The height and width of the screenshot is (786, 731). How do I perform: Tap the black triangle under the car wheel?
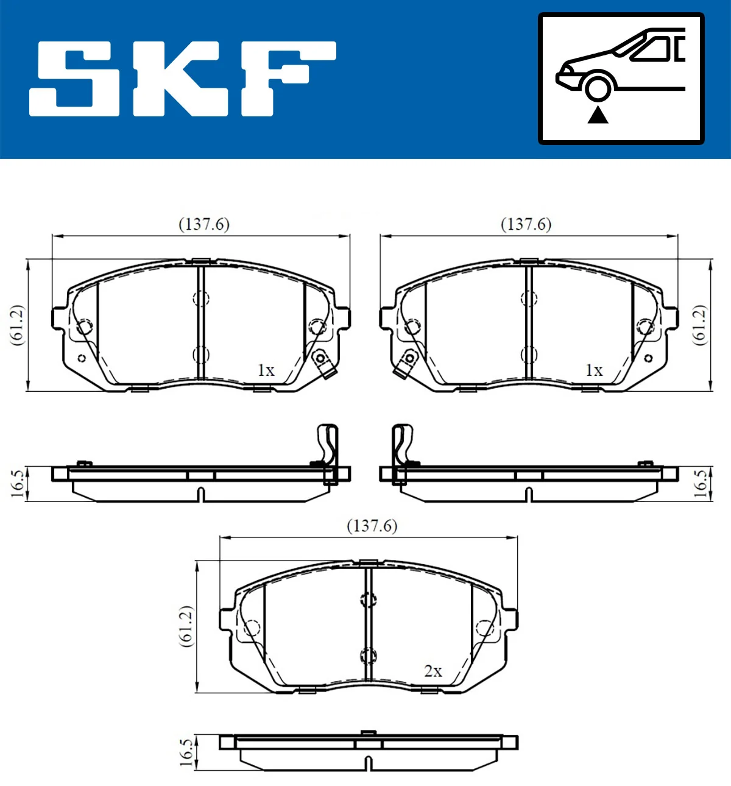598,115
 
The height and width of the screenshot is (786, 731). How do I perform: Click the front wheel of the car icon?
597,88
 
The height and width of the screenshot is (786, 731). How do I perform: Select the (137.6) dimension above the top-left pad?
203,224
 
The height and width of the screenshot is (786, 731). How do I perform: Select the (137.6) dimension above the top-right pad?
526,224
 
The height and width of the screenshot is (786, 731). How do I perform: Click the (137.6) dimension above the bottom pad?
372,525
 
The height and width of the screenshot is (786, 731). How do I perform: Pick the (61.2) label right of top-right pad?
700,325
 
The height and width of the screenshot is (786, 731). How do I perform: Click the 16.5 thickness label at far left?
18,483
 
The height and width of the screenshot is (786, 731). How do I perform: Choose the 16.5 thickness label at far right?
701,483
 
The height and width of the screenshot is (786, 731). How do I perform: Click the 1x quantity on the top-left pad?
266,370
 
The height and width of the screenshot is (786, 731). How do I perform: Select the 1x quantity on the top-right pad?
593,370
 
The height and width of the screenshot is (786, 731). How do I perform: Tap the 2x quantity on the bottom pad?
433,671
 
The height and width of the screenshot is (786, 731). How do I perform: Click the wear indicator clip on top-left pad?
322,363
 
